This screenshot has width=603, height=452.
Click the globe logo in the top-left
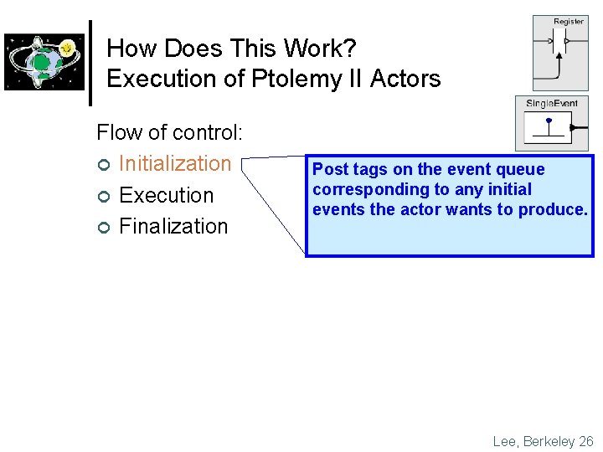[44, 62]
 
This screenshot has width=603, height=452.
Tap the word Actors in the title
[405, 79]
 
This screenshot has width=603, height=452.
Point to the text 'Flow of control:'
[170, 132]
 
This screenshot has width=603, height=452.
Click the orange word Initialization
[175, 163]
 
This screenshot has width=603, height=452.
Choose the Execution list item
[167, 195]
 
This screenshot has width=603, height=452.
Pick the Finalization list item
[173, 226]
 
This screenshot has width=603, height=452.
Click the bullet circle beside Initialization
[103, 165]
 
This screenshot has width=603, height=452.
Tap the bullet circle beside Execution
[103, 197]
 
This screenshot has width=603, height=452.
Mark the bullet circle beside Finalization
[103, 228]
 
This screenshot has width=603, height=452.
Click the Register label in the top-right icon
[569, 22]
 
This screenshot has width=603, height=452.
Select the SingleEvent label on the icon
[551, 104]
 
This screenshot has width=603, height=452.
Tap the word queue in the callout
[521, 169]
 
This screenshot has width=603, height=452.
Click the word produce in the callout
[558, 209]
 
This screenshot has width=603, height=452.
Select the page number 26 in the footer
[585, 441]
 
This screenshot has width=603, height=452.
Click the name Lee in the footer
[505, 441]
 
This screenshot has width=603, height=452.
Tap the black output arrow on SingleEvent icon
[575, 127]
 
